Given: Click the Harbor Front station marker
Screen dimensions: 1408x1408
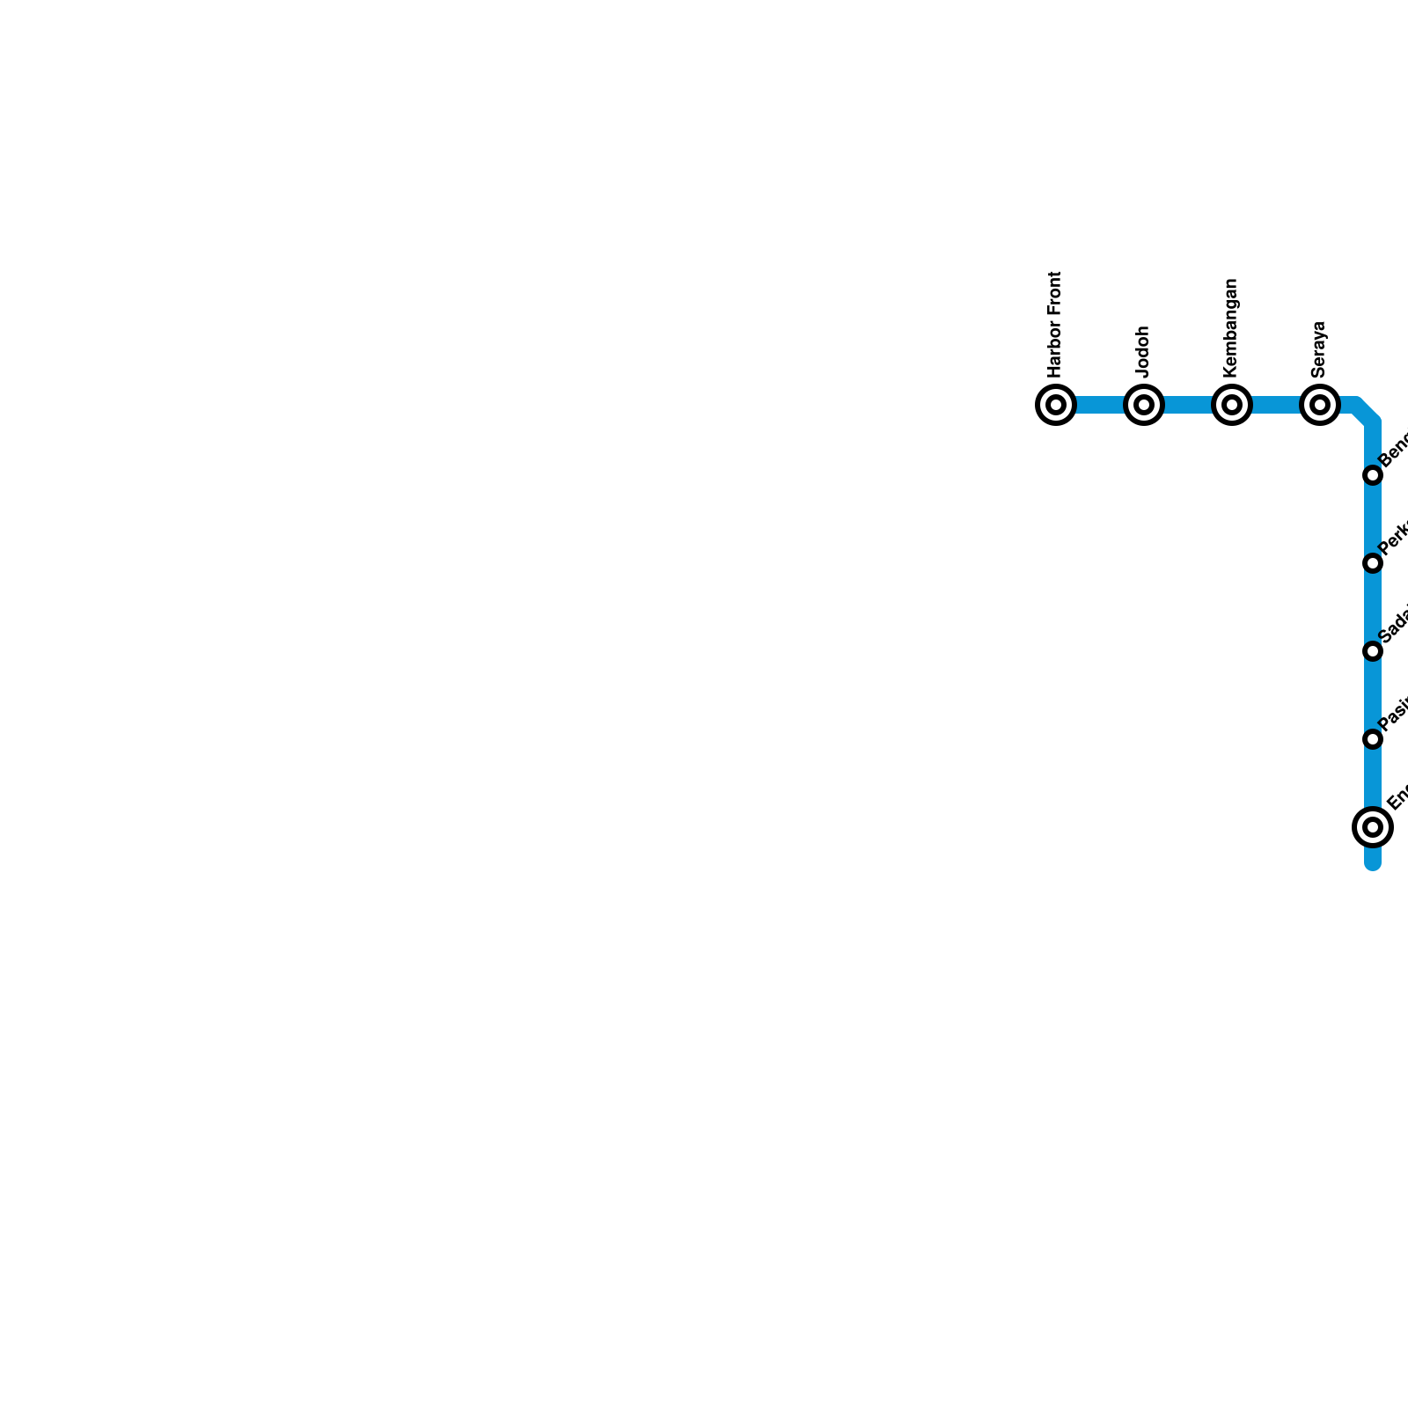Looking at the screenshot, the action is (1056, 405).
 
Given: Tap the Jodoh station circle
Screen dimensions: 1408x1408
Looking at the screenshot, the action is (1144, 405).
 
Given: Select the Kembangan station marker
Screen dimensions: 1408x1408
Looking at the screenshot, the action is (1232, 405).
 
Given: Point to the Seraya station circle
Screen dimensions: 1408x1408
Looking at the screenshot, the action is (1320, 405).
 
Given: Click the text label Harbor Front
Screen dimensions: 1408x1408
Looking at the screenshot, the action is (1055, 323).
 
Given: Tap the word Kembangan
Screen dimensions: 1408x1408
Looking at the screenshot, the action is (1231, 326).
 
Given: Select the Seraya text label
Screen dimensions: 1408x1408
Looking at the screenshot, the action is (1319, 348).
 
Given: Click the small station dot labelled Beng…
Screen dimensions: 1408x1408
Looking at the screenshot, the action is (1373, 475).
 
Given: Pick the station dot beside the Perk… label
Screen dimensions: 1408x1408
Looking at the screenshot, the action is (1373, 563).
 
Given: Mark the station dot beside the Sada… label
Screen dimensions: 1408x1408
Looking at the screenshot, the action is (1373, 651).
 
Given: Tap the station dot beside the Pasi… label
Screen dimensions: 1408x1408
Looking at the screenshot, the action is (1373, 739).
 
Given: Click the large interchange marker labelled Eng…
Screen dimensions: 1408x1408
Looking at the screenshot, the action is (1373, 826).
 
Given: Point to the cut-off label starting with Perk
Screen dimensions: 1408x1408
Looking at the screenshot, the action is (1394, 539).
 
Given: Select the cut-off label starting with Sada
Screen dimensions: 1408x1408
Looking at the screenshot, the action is (1394, 626).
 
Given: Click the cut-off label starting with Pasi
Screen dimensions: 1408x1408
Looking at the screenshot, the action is (1394, 715).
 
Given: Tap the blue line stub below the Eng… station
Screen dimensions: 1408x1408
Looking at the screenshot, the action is (1373, 857).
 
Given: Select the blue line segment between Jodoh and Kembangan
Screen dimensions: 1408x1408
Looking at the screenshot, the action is (1188, 405).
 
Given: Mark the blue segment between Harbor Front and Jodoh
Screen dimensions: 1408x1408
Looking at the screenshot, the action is (1100, 405).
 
